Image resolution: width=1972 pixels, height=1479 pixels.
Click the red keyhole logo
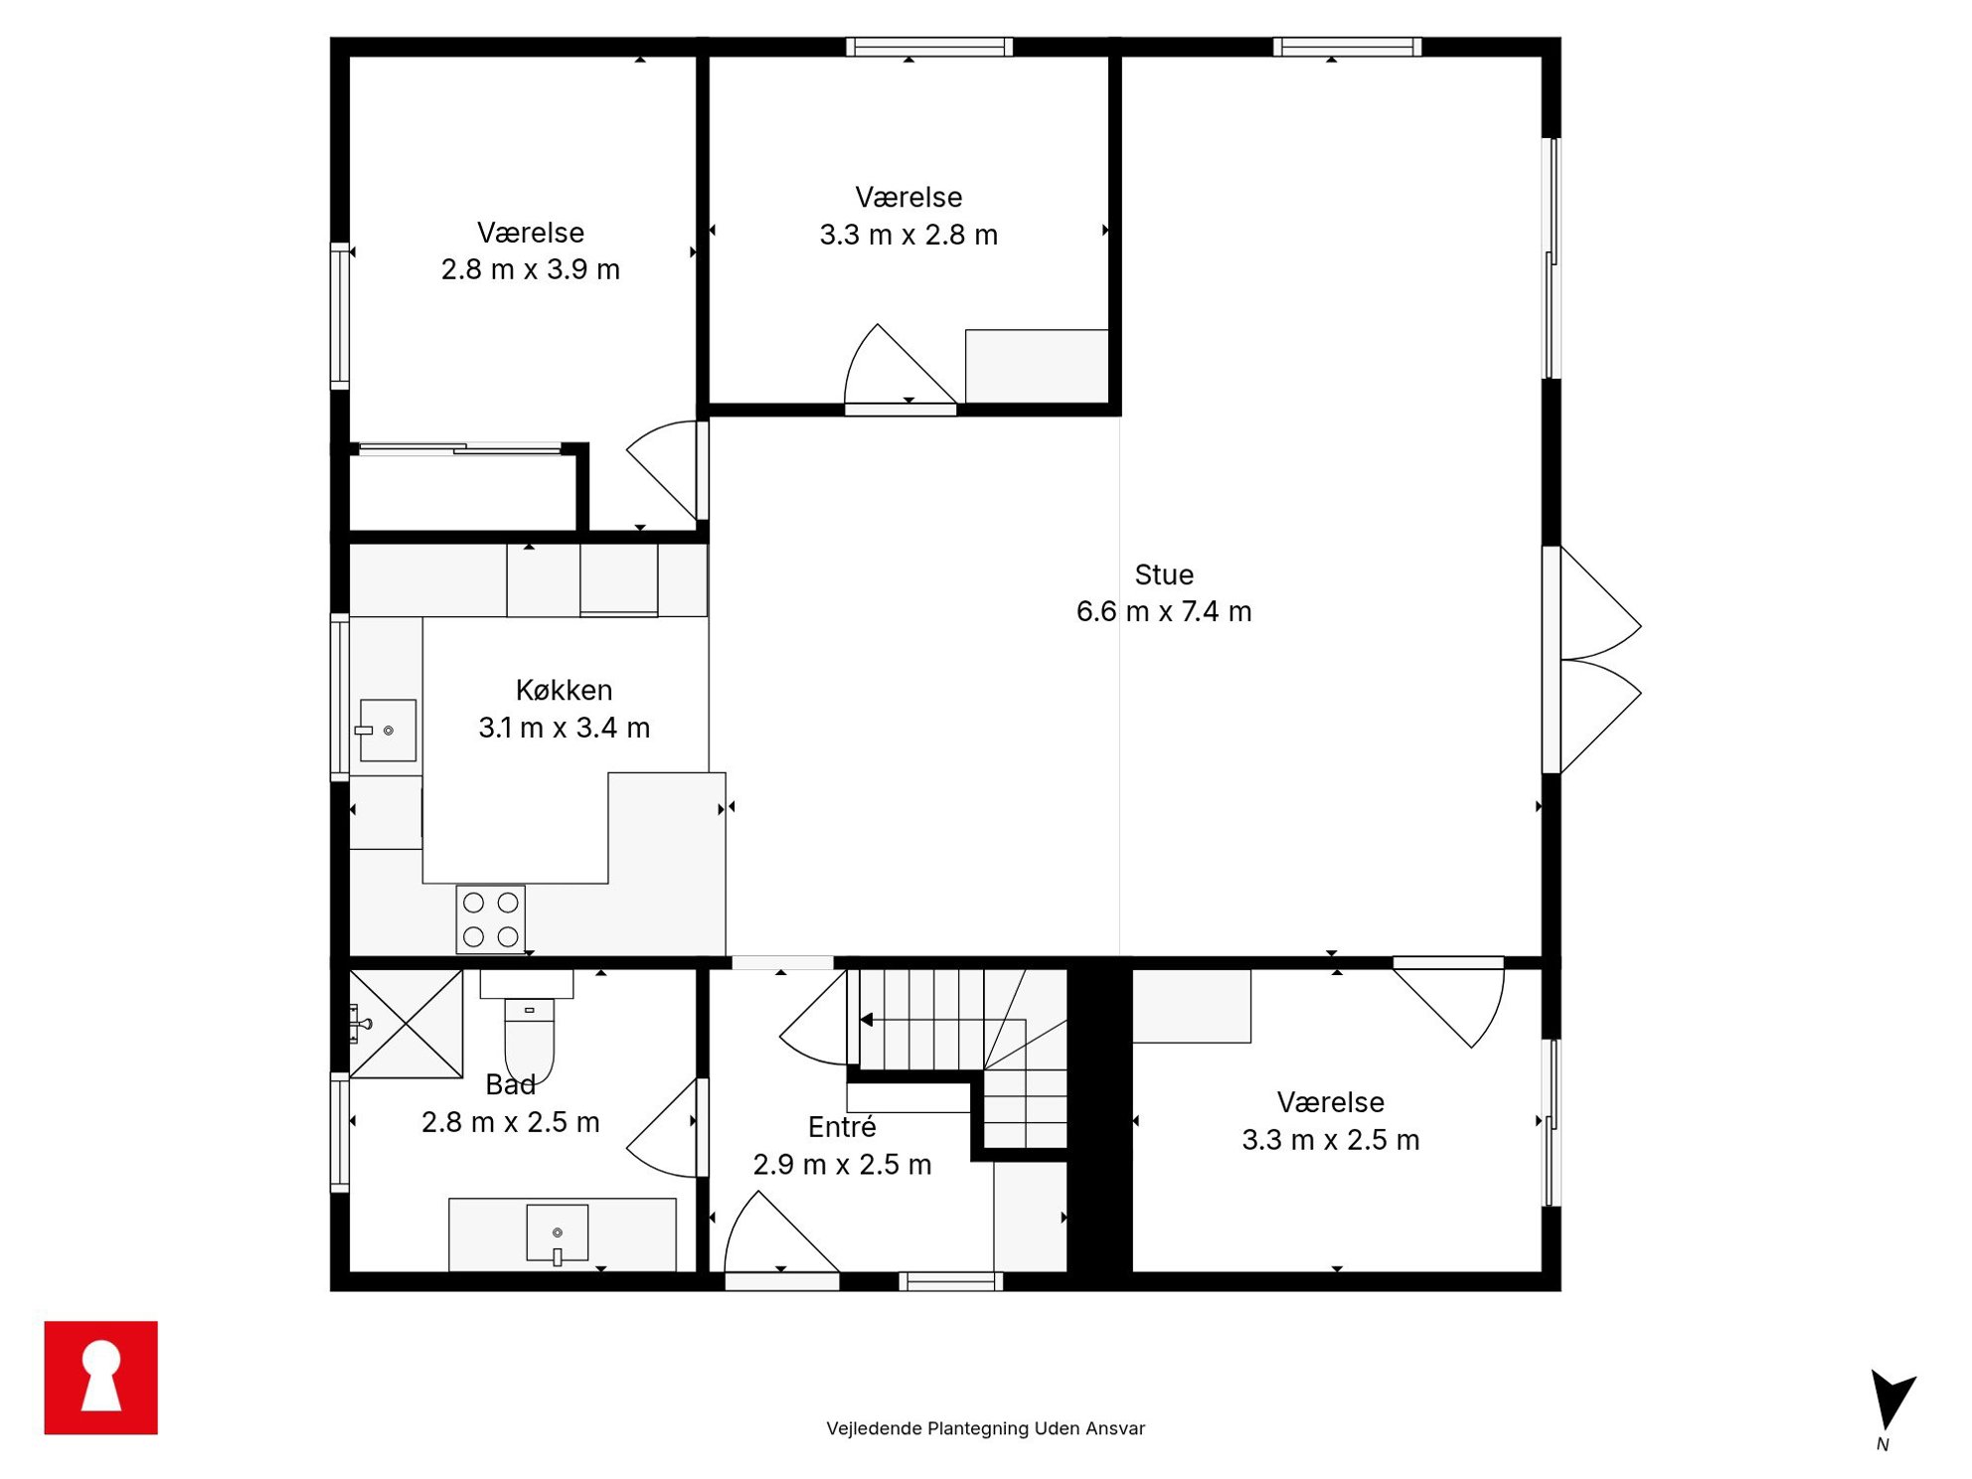[x=100, y=1377]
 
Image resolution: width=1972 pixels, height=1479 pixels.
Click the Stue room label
[x=1164, y=575]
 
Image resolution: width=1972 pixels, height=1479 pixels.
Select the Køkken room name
[x=564, y=690]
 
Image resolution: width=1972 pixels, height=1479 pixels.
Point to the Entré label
[x=842, y=1126]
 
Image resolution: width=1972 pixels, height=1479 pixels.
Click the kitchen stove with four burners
[x=490, y=919]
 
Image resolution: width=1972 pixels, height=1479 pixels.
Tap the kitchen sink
[x=387, y=731]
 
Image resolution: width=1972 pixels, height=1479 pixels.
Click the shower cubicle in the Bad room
[x=406, y=1024]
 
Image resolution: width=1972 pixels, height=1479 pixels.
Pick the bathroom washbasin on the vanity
[x=557, y=1233]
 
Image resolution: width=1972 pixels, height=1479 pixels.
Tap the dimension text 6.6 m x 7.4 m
[x=1164, y=611]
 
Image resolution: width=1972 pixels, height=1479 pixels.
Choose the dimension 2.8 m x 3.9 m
[x=531, y=269]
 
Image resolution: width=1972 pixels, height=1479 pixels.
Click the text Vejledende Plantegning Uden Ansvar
[x=985, y=1428]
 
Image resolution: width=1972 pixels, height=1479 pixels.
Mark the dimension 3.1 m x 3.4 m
[x=565, y=728]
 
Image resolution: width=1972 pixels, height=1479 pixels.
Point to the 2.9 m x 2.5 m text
[x=842, y=1164]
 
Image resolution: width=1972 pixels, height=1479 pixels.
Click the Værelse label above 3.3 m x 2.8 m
[x=908, y=197]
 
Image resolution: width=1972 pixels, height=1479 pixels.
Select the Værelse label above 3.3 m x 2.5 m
[x=1330, y=1101]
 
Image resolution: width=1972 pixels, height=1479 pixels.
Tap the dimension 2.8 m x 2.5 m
[x=511, y=1122]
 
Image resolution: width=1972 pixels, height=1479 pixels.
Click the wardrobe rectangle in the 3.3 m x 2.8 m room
[x=1037, y=366]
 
